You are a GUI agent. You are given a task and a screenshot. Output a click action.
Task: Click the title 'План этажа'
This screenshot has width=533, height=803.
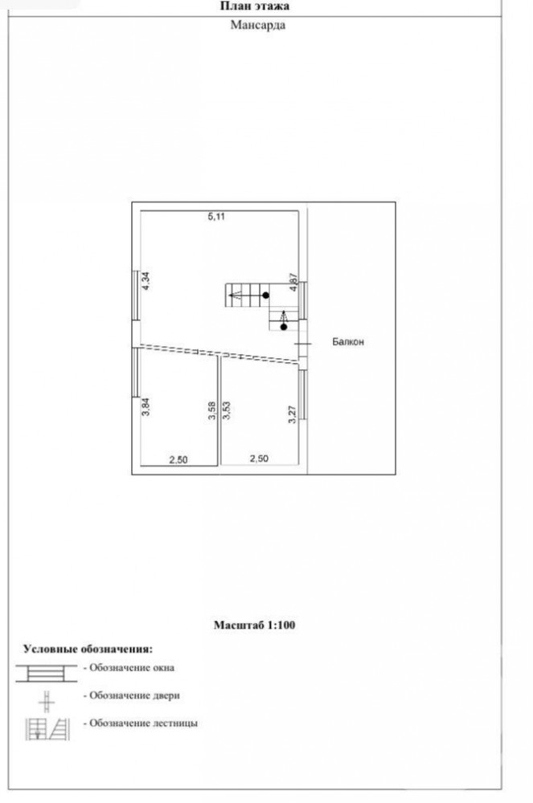click(x=255, y=6)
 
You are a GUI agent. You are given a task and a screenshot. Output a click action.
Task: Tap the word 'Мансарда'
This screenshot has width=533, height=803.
click(x=258, y=25)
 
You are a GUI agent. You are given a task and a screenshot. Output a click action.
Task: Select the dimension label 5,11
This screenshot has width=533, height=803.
click(x=216, y=217)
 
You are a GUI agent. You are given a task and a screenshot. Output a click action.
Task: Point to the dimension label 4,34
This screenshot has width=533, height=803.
click(x=146, y=281)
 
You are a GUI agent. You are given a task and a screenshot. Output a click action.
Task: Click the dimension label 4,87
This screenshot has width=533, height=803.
click(x=293, y=282)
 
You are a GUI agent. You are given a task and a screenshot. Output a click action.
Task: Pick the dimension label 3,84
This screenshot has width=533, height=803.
click(x=146, y=406)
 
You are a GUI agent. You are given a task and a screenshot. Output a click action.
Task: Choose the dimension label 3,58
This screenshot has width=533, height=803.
click(x=212, y=411)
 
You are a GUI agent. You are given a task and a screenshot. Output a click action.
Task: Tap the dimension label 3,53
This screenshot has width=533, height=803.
click(x=227, y=411)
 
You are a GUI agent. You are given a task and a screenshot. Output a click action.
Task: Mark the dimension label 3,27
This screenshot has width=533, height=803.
click(x=293, y=414)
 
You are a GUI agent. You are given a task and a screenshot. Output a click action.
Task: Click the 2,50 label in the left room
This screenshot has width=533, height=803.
click(x=178, y=460)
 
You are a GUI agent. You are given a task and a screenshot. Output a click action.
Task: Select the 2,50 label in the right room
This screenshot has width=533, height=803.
click(x=259, y=459)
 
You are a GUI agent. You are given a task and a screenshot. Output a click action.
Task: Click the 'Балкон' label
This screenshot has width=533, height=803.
click(x=348, y=341)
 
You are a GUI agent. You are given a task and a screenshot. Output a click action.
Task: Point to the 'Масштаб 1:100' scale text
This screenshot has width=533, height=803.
click(x=255, y=625)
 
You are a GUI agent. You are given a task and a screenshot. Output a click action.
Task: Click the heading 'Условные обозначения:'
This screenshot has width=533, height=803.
click(x=88, y=649)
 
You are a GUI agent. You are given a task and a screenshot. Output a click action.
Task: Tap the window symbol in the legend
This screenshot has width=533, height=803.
click(x=46, y=674)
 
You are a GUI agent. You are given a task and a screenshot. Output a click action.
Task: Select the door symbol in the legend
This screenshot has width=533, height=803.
click(x=47, y=702)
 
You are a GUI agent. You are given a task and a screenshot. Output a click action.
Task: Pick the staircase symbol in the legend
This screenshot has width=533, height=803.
click(x=47, y=729)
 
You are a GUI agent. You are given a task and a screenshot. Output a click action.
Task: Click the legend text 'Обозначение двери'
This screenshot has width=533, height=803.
click(x=134, y=695)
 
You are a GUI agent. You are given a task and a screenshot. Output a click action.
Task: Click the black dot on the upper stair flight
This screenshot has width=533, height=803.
click(x=265, y=296)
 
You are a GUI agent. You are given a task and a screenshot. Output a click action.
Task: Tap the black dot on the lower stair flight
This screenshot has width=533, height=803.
click(x=284, y=327)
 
